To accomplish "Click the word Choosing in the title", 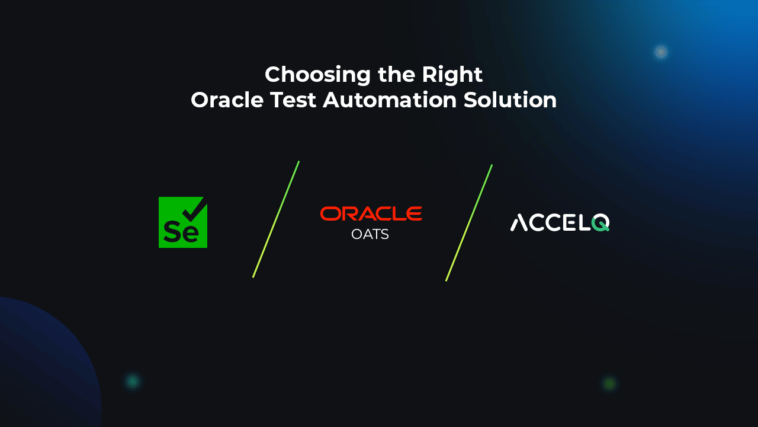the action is coord(317,75).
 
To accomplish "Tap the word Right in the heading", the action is coord(452,75).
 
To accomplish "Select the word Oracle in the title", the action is coord(227,100).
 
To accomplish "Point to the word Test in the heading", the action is coord(293,100).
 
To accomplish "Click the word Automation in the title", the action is coord(390,100).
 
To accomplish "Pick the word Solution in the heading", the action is coord(510,100).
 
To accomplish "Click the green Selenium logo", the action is coord(183,222).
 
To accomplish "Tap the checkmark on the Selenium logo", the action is coord(195,210).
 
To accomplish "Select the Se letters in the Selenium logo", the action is coord(181,231).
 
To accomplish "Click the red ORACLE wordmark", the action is coord(371,213).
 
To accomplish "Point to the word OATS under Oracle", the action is coord(370,234).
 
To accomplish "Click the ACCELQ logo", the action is coord(560,222).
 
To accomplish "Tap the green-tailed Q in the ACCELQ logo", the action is coord(600,222).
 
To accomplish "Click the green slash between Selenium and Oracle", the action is coord(276,219).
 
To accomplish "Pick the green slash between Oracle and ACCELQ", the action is coord(468,222).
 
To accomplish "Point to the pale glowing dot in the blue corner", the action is coord(660,52).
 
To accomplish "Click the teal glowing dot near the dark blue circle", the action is coord(133,381).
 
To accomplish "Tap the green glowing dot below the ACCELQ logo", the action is coord(609,384).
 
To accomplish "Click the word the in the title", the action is coord(396,75).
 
